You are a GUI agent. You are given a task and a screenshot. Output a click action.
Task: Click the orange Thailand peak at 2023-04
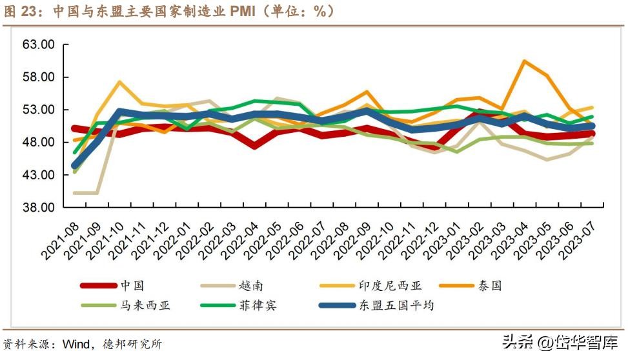point(523,61)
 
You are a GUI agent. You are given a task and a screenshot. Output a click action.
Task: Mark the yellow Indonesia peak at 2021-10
point(119,82)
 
